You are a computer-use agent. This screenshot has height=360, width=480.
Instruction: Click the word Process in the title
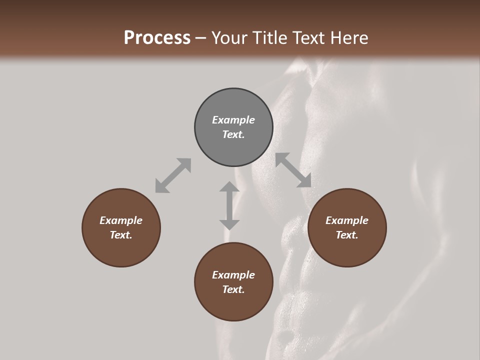[x=157, y=38]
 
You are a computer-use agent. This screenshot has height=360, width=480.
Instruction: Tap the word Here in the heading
[x=349, y=38]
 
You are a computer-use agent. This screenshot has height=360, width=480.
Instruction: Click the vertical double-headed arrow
[x=229, y=205]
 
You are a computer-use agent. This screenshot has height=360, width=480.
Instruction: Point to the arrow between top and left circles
[x=173, y=175]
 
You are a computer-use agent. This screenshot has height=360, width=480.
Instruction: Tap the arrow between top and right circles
[x=293, y=170]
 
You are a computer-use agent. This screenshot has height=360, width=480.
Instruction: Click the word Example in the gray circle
[x=233, y=120]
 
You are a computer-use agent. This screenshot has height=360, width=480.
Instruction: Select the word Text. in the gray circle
[x=233, y=134]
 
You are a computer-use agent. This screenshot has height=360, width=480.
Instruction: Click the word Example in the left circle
[x=121, y=220]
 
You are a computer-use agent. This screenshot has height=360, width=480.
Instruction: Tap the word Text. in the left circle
[x=121, y=235]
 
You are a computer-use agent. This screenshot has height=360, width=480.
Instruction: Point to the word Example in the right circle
[x=347, y=220]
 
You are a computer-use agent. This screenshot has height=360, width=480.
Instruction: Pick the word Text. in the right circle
[x=347, y=235]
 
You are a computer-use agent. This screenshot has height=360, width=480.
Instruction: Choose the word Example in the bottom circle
[x=233, y=275]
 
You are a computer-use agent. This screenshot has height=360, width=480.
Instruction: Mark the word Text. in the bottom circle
[x=233, y=289]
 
